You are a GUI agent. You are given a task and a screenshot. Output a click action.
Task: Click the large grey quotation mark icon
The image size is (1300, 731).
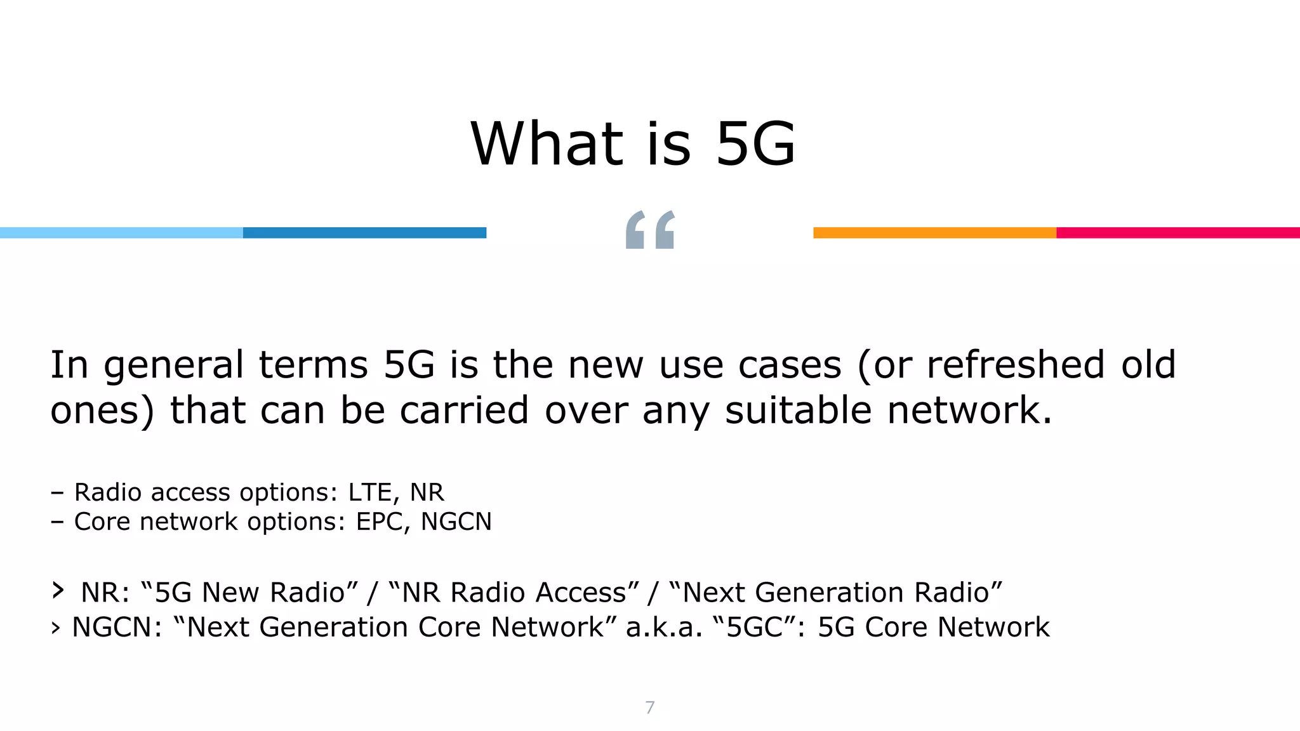(649, 230)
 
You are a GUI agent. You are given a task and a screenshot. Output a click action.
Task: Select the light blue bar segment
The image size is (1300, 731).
(121, 233)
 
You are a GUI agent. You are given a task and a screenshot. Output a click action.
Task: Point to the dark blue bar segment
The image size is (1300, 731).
(364, 233)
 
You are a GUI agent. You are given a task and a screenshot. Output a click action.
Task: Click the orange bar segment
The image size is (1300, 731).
(934, 233)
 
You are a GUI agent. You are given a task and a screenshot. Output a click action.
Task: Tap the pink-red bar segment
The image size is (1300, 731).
(1178, 233)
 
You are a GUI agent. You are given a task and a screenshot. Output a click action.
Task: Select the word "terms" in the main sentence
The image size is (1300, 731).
(313, 366)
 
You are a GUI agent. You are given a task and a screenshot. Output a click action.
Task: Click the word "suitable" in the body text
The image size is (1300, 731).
(798, 410)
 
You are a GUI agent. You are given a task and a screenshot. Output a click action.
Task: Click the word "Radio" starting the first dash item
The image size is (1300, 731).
(107, 492)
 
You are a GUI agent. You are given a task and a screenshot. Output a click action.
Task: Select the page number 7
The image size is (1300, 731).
(649, 708)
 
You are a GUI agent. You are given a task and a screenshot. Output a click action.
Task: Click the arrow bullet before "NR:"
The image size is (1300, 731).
(58, 591)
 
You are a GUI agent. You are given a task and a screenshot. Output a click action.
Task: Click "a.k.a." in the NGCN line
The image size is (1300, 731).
(664, 627)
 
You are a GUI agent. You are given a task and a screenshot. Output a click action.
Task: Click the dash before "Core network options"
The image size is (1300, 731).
(57, 522)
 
